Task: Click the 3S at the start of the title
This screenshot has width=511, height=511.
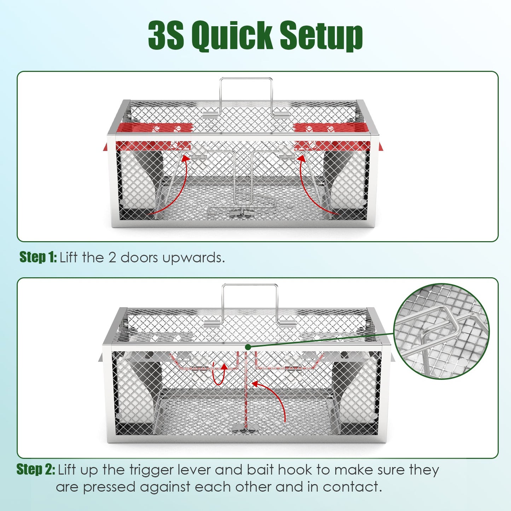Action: tap(166, 36)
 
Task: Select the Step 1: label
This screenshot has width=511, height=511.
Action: tap(38, 257)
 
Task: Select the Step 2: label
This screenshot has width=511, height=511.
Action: tap(36, 469)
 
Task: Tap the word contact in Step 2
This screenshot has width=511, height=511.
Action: tap(352, 487)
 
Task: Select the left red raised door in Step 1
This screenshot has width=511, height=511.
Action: tap(152, 136)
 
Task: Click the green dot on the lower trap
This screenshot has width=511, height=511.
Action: tap(248, 347)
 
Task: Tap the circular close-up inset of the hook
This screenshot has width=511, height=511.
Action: tap(441, 331)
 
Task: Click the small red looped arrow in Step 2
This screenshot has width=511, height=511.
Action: tap(219, 374)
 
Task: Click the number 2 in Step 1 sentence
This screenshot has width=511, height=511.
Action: tap(112, 257)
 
